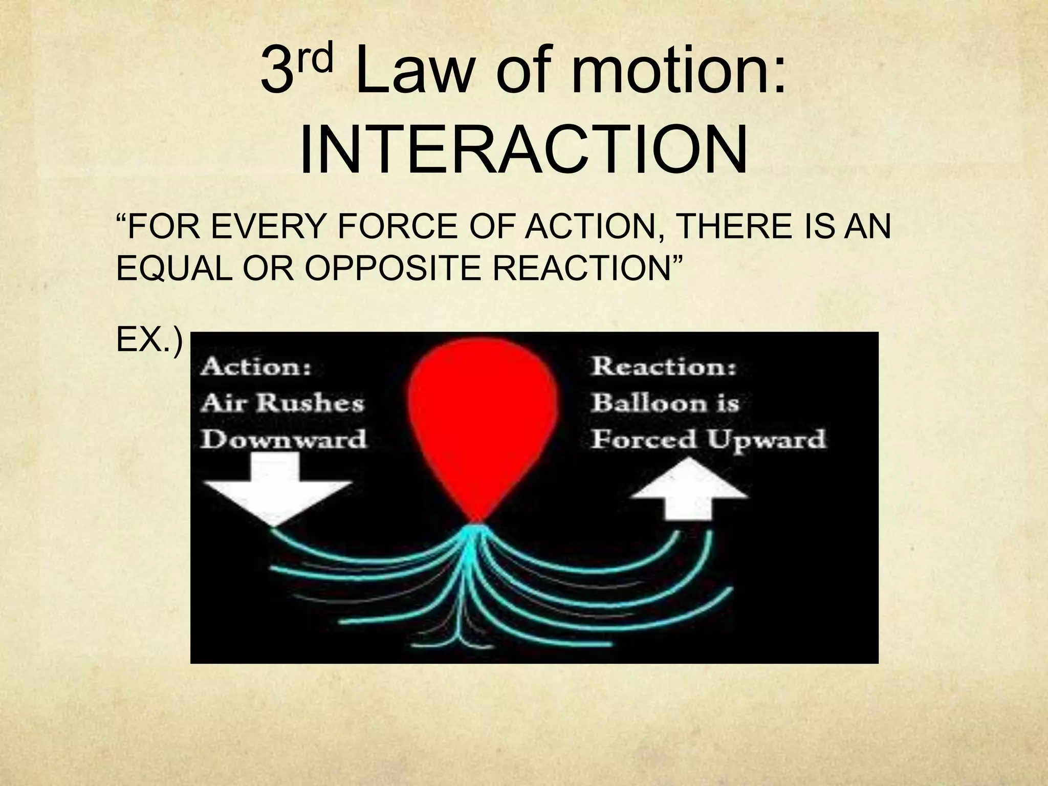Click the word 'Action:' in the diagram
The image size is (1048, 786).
point(256,367)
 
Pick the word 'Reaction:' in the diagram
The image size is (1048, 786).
point(664,367)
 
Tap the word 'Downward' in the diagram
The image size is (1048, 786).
point(283,439)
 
